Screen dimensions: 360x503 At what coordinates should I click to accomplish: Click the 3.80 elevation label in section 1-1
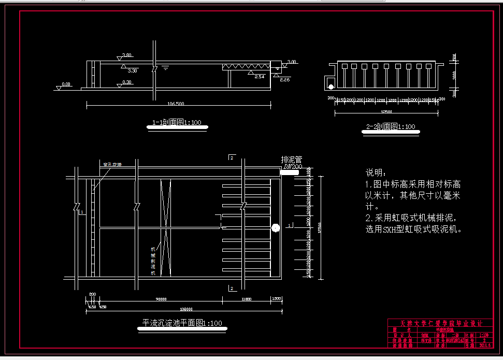(x=126, y=55)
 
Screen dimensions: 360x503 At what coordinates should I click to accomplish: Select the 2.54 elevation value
(x=260, y=77)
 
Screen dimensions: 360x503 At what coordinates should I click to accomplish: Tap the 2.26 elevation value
(x=284, y=80)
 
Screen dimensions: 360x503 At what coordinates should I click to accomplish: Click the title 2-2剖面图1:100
(x=391, y=126)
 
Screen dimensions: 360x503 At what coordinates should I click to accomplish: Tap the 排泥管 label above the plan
(x=291, y=160)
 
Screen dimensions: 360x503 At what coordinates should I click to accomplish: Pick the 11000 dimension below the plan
(x=246, y=299)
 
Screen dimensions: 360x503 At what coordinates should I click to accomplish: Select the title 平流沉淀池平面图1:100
(x=182, y=323)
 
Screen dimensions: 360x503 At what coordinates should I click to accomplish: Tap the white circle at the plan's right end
(x=275, y=227)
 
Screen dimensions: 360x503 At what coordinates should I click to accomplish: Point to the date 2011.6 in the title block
(x=485, y=344)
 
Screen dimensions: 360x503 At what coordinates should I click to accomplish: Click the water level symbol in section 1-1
(x=165, y=67)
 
